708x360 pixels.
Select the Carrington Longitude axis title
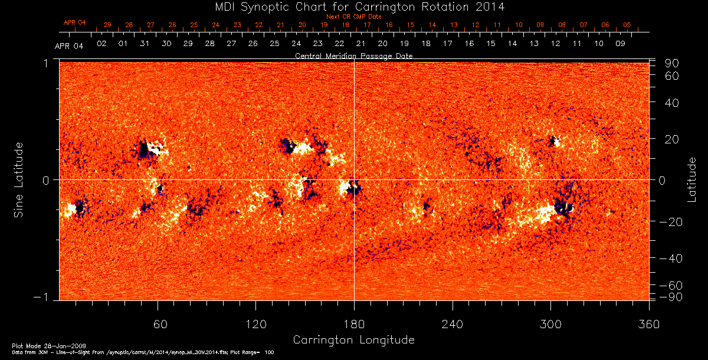pos(353,340)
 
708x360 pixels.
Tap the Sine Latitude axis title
pos(19,179)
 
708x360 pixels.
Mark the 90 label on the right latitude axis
pos(674,63)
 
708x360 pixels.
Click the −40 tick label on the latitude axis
pos(671,258)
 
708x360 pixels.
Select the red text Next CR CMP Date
pos(354,17)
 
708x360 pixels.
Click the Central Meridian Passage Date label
pos(354,56)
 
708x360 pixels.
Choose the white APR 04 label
pos(69,46)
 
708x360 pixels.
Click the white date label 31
pos(145,44)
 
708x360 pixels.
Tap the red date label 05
pos(627,25)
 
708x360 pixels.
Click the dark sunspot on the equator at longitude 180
pos(355,189)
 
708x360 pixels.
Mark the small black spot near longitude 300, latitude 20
pos(553,141)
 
